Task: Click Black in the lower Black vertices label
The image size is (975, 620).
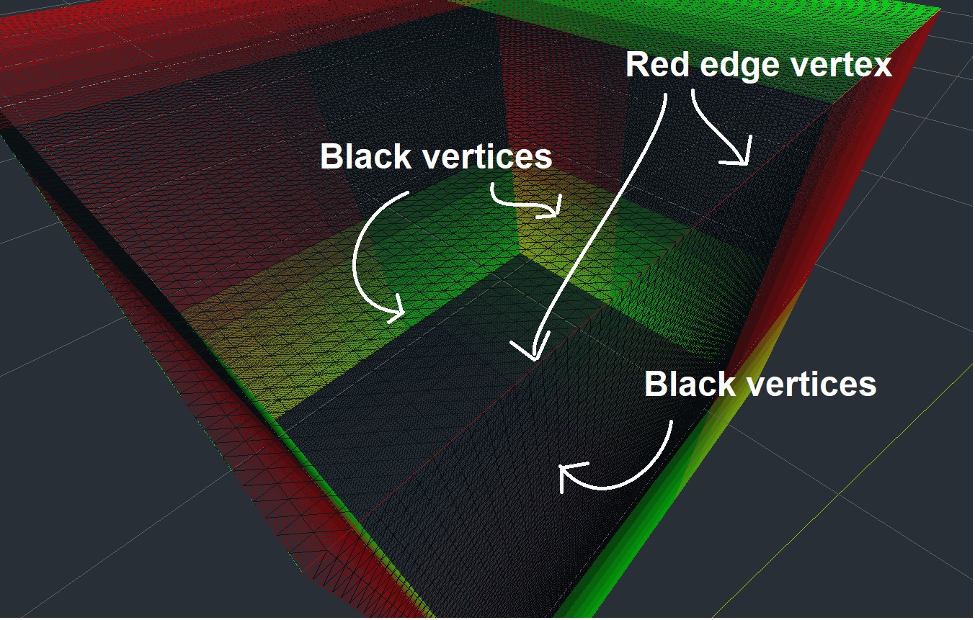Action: click(x=690, y=383)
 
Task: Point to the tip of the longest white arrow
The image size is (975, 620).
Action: click(x=535, y=360)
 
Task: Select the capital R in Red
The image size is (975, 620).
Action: click(x=638, y=64)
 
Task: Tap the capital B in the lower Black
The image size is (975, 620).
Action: click(x=656, y=383)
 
